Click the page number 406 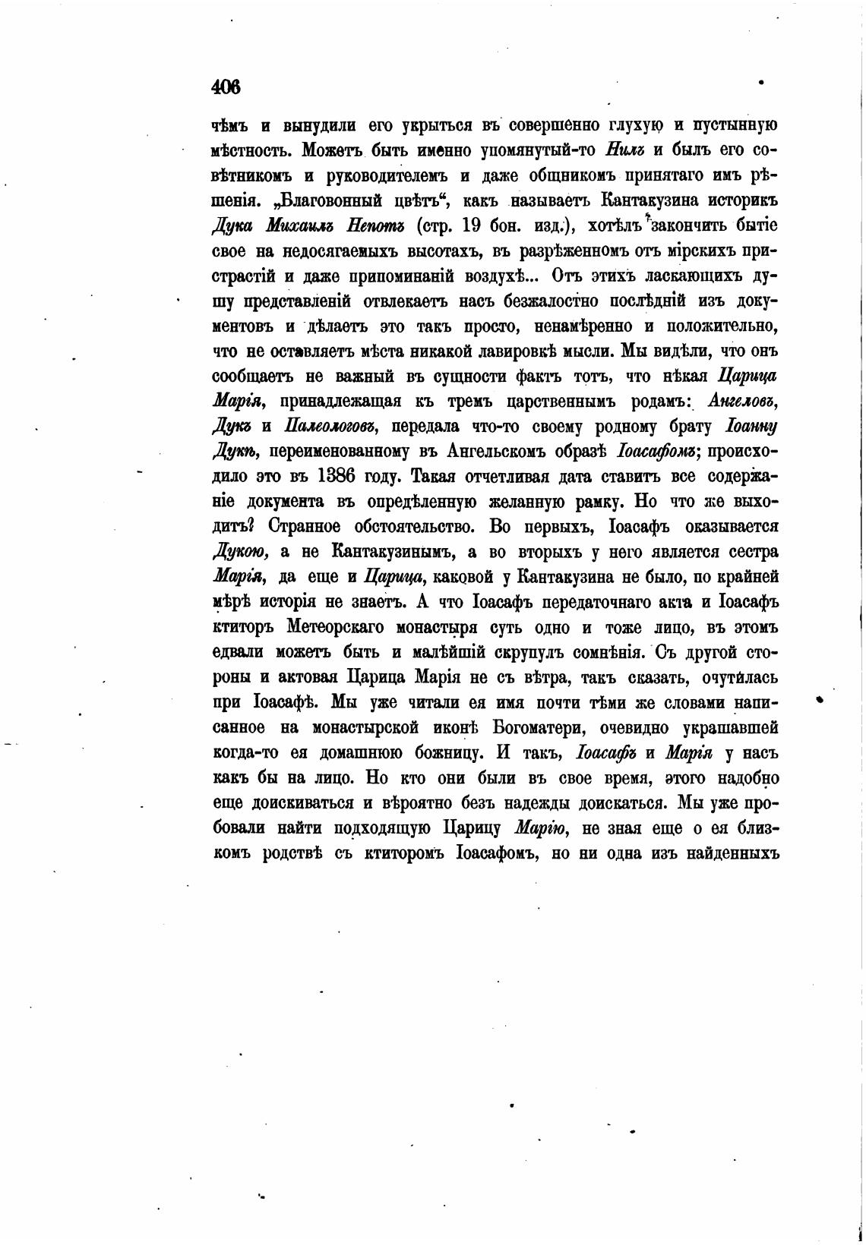pyautogui.click(x=226, y=87)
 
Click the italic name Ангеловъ pyautogui.click(x=742, y=401)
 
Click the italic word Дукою pyautogui.click(x=239, y=552)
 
